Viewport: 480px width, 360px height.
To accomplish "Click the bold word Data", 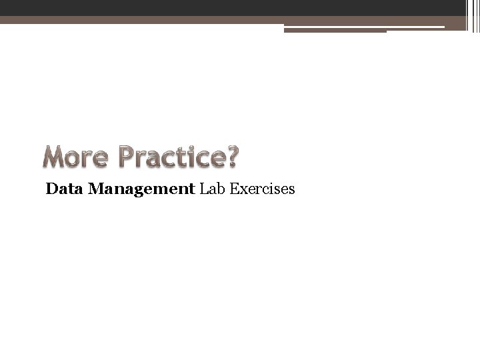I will (64, 190).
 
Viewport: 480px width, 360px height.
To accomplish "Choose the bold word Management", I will (140, 190).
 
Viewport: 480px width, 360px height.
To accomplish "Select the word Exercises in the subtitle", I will (261, 190).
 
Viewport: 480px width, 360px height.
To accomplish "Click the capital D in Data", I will (51, 190).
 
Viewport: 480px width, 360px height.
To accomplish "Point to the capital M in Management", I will (95, 190).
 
